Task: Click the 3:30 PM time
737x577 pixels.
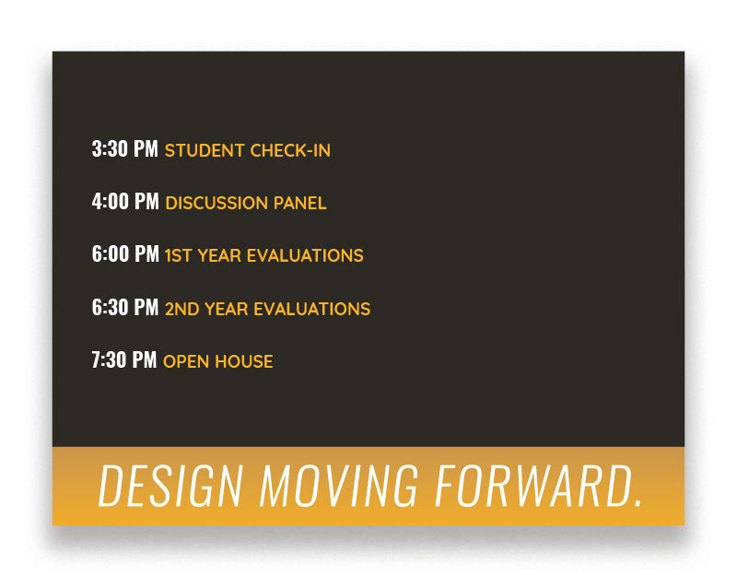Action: [x=125, y=149]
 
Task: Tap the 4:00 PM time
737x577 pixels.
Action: [x=125, y=202]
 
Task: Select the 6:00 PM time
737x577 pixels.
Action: [x=125, y=254]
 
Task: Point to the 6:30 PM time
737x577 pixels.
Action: [x=125, y=308]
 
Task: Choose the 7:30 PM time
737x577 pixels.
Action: [x=124, y=360]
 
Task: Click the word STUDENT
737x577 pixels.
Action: [x=205, y=150]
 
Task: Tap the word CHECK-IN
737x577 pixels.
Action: [x=290, y=150]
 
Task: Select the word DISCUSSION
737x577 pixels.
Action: [x=216, y=203]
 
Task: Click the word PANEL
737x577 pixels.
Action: [x=300, y=203]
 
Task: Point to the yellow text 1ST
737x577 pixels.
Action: [x=178, y=256]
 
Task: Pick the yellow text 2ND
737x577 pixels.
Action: [x=181, y=309]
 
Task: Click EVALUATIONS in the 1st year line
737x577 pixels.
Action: [x=305, y=256]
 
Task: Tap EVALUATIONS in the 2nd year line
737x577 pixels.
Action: [x=312, y=309]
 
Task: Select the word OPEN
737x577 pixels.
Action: [x=186, y=361]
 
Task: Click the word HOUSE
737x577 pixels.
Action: [x=244, y=361]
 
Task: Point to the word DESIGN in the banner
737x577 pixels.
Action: [x=170, y=487]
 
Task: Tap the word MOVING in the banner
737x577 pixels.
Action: [x=338, y=487]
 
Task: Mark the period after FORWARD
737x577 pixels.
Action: [x=638, y=503]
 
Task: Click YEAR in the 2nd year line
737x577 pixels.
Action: [x=226, y=309]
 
